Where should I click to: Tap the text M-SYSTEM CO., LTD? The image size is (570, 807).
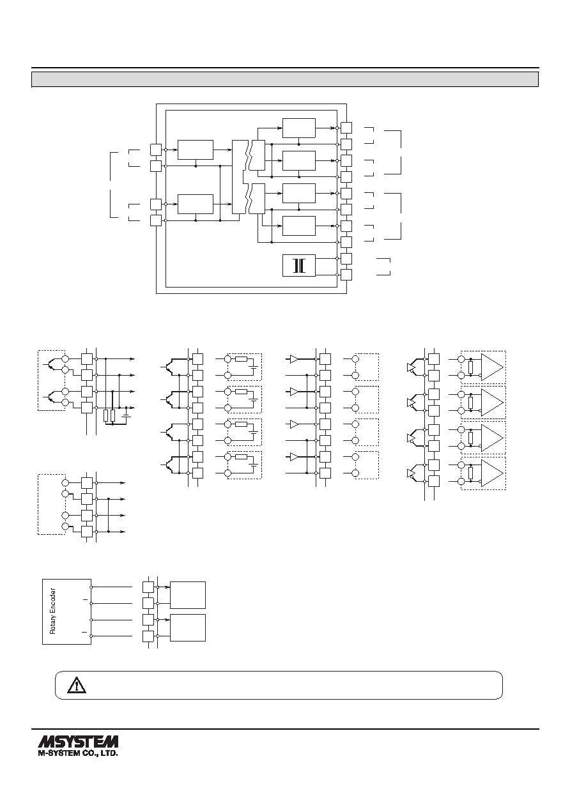point(78,753)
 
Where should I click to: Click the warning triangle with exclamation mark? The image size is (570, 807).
point(77,685)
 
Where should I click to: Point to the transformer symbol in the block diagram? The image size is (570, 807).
point(299,266)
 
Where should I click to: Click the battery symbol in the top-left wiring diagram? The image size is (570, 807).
point(127,413)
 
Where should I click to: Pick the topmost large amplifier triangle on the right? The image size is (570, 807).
point(492,367)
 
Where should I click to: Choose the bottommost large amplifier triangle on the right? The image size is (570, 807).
point(492,473)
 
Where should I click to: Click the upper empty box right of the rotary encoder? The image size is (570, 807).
point(188,595)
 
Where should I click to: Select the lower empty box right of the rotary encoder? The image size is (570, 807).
point(188,627)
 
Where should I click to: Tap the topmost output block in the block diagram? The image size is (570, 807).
point(299,128)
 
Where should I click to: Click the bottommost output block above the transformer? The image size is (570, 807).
point(299,226)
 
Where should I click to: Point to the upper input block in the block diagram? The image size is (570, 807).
point(196,150)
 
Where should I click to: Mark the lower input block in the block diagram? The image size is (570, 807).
point(196,204)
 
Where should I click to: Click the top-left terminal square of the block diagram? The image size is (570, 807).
point(156,150)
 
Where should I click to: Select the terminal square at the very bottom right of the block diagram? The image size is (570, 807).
point(346,275)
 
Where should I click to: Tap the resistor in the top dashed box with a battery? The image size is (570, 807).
point(241,359)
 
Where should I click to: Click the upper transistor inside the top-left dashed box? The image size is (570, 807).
point(50,364)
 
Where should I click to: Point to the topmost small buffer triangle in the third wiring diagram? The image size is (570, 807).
point(295,359)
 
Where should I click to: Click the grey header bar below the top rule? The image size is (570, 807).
point(285,79)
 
